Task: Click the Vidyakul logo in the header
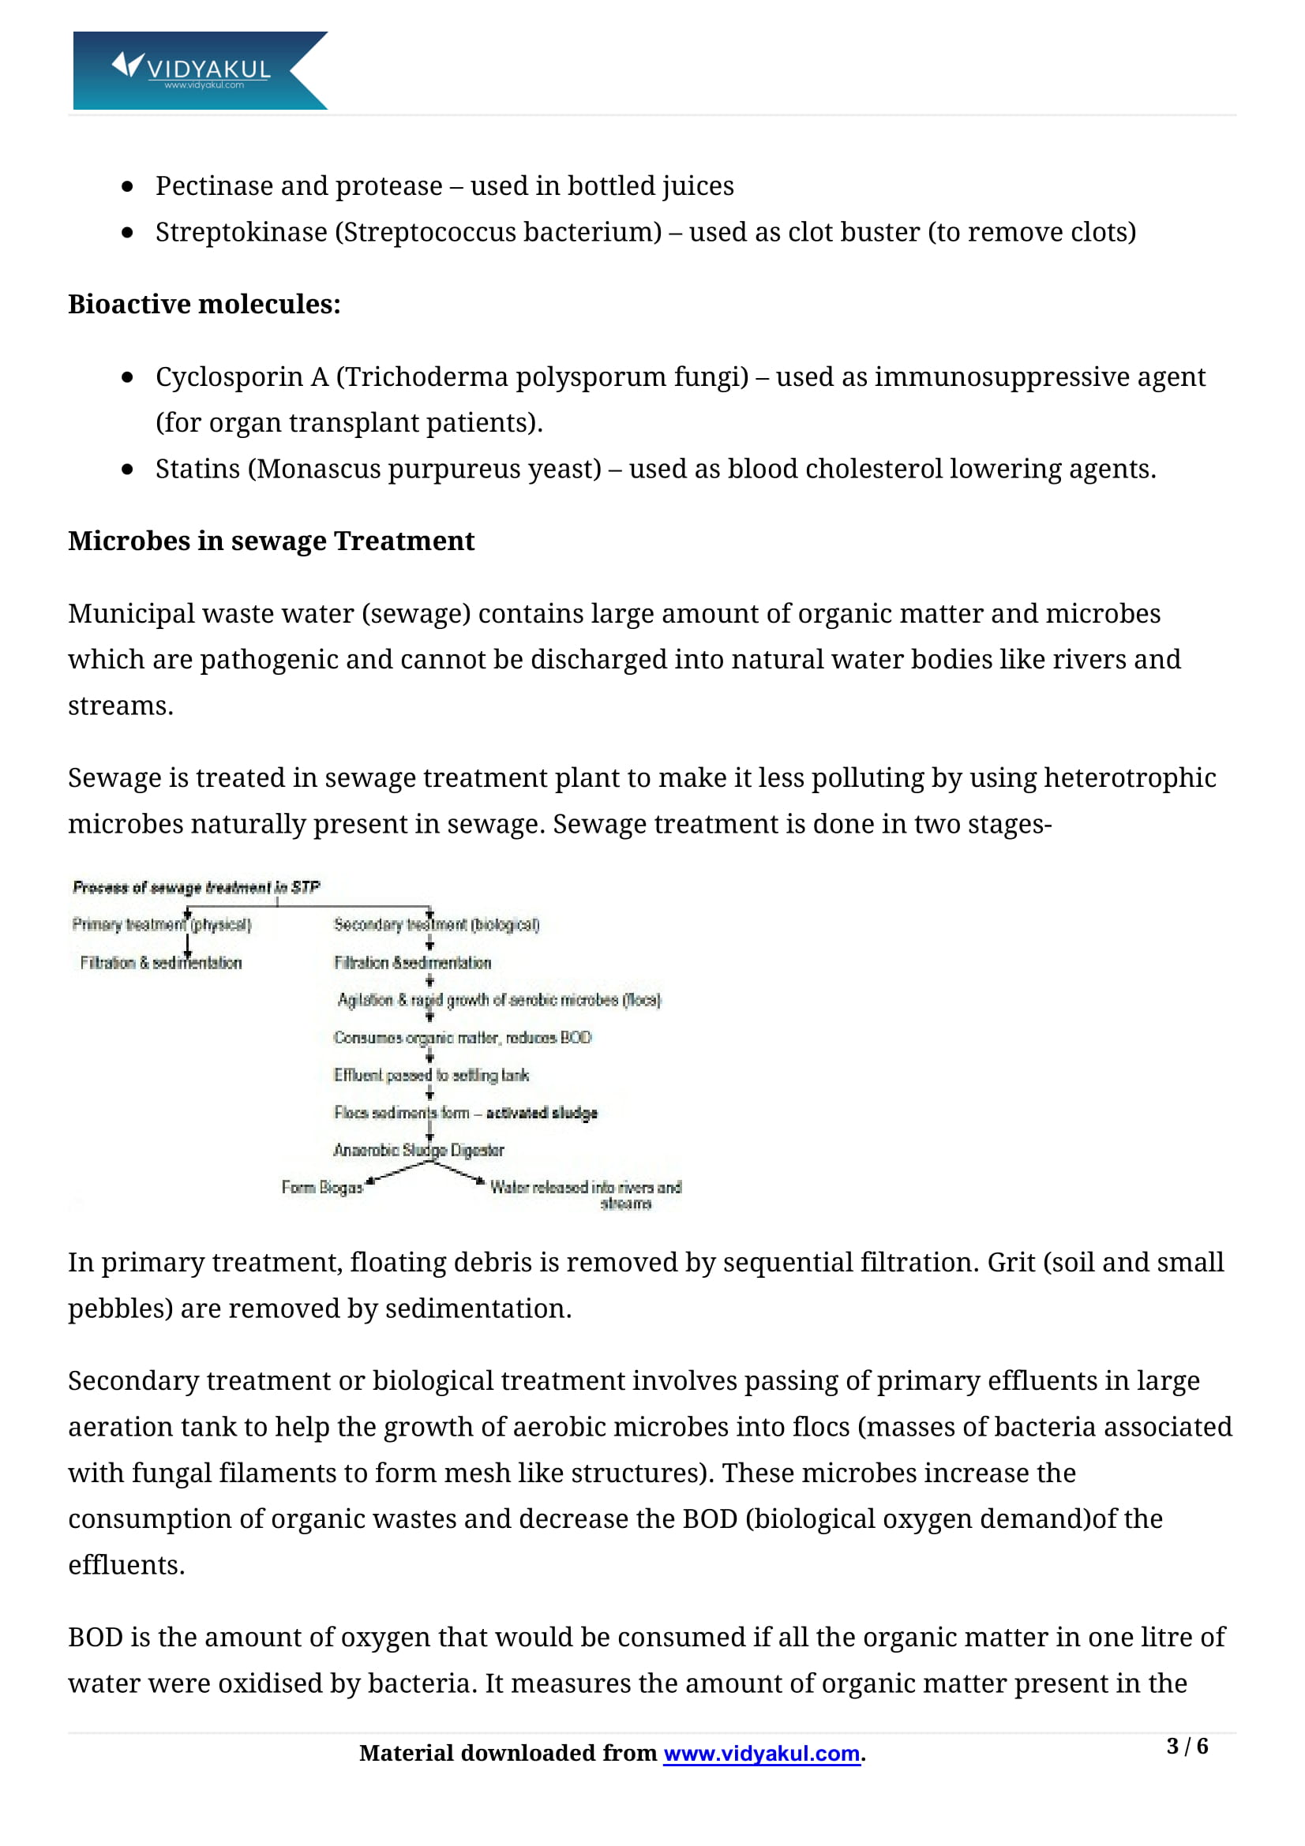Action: click(x=200, y=71)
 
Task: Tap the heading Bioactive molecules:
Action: click(x=204, y=305)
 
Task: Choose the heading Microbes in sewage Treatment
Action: click(x=271, y=541)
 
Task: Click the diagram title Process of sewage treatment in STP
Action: click(x=197, y=888)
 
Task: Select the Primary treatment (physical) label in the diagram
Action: click(x=162, y=925)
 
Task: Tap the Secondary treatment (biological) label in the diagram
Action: click(x=437, y=925)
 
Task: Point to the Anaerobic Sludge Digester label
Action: click(x=419, y=1151)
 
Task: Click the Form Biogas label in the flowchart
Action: click(x=321, y=1188)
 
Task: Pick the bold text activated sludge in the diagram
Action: click(x=542, y=1113)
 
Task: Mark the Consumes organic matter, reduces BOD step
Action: click(x=463, y=1038)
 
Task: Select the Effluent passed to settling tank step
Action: click(x=431, y=1076)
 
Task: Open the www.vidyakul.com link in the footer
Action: click(x=762, y=1754)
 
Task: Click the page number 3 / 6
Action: click(x=1187, y=1747)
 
